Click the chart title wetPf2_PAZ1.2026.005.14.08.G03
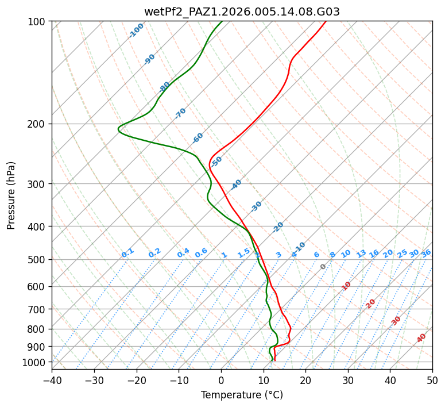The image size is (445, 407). pos(242,11)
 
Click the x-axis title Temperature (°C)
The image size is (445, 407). pos(242,395)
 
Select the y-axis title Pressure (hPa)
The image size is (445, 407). pos(11,195)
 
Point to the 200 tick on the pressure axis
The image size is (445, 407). pos(37,124)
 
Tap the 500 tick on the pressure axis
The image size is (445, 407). pos(37,260)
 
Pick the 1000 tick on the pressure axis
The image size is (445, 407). pos(35,362)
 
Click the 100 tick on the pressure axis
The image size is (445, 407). pos(37,22)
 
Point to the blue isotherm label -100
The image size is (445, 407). pos(136,30)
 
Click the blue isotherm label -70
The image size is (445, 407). pos(180,113)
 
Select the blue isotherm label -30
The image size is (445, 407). pos(256,206)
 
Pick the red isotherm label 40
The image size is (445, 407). pos(421,338)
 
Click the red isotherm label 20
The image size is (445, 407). pos(371,303)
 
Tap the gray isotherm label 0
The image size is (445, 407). pos(323,267)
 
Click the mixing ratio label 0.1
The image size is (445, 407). pos(127,252)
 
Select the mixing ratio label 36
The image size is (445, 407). pos(426,253)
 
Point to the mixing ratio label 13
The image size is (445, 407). pos(361,254)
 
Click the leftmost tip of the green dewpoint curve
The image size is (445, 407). pos(118,129)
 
